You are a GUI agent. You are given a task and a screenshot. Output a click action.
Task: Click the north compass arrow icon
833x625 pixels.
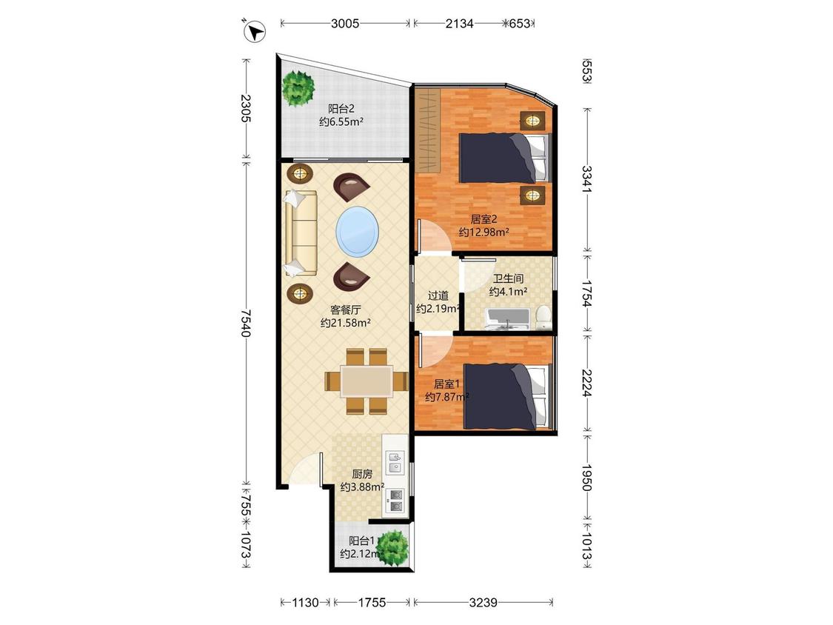pyautogui.click(x=255, y=31)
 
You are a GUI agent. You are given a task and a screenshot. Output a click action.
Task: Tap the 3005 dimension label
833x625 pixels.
pyautogui.click(x=345, y=24)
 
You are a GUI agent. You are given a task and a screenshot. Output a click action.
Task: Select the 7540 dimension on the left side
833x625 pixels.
pyautogui.click(x=245, y=322)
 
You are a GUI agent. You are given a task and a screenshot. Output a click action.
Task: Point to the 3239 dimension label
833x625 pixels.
pyautogui.click(x=483, y=602)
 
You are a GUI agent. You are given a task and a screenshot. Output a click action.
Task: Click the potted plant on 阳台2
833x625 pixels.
pyautogui.click(x=298, y=87)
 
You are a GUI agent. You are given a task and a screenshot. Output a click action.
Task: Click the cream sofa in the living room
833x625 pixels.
pyautogui.click(x=300, y=233)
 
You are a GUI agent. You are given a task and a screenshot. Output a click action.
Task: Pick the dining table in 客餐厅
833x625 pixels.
pyautogui.click(x=367, y=381)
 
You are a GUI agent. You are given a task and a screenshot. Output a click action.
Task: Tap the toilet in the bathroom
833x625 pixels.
pyautogui.click(x=543, y=317)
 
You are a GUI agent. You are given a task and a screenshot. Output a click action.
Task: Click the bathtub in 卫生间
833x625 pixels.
pyautogui.click(x=506, y=318)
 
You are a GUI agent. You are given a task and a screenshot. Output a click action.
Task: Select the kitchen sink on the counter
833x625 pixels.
pyautogui.click(x=395, y=462)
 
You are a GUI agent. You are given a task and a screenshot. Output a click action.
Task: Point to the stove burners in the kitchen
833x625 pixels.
pyautogui.click(x=396, y=501)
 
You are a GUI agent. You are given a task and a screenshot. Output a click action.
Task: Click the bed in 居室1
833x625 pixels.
pyautogui.click(x=505, y=396)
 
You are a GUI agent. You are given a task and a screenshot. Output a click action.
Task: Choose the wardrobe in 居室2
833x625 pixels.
pyautogui.click(x=428, y=131)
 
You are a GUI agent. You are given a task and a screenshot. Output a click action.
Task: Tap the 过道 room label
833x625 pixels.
pyautogui.click(x=438, y=295)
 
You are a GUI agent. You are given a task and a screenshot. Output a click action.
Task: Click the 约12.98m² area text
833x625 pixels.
pyautogui.click(x=484, y=233)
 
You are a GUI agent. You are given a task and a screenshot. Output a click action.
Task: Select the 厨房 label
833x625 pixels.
pyautogui.click(x=362, y=473)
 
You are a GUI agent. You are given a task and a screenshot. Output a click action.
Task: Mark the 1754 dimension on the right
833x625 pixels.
pyautogui.click(x=586, y=294)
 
